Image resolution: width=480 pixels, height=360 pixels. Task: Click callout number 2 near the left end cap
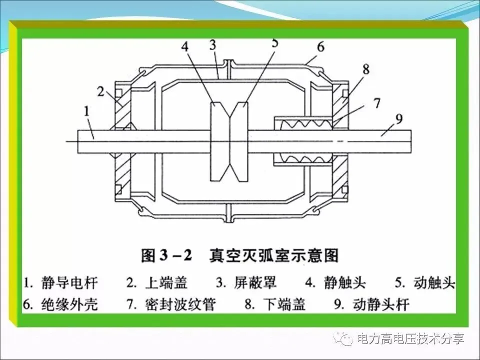pos(100,91)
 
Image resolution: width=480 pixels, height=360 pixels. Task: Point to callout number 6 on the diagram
pos(320,47)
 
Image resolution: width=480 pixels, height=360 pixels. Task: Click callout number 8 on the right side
pos(366,69)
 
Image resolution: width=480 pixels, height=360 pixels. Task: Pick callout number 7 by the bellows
pos(376,103)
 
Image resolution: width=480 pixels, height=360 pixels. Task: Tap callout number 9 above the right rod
pos(398,118)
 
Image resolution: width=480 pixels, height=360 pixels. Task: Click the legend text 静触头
pos(342,282)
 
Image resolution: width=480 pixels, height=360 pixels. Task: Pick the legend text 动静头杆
pos(380,303)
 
